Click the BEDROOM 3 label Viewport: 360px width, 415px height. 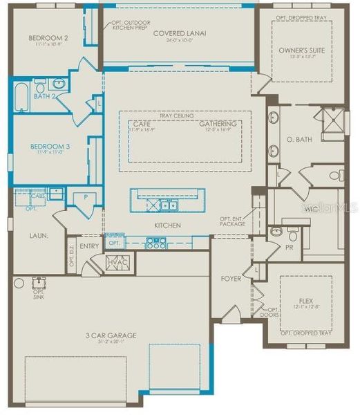click(x=49, y=146)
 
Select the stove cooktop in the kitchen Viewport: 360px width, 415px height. click(x=157, y=243)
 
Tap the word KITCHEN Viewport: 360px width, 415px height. click(x=168, y=225)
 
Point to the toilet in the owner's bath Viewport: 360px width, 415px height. click(x=335, y=175)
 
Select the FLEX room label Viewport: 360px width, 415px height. click(x=305, y=301)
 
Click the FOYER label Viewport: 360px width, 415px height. click(x=230, y=279)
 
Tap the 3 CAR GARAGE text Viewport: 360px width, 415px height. click(x=111, y=335)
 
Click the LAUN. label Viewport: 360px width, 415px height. click(x=38, y=235)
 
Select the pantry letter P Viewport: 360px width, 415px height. click(x=86, y=196)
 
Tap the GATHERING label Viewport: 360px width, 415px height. click(x=218, y=123)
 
